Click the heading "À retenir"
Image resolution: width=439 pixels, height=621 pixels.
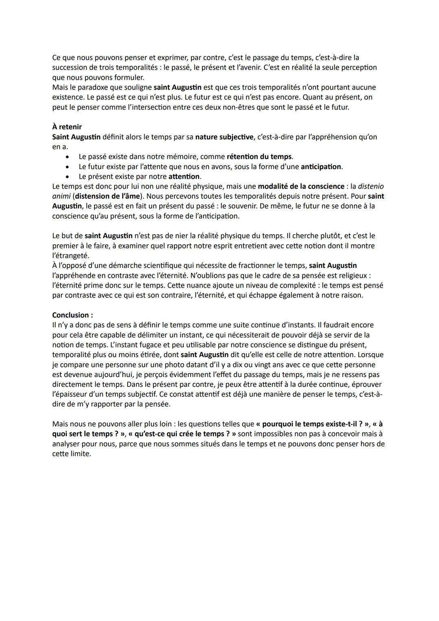[67, 127]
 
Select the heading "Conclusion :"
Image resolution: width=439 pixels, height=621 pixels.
[73, 315]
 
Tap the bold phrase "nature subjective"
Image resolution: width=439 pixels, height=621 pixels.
[224, 137]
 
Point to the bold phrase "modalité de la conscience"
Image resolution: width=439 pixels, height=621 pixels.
[301, 186]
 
